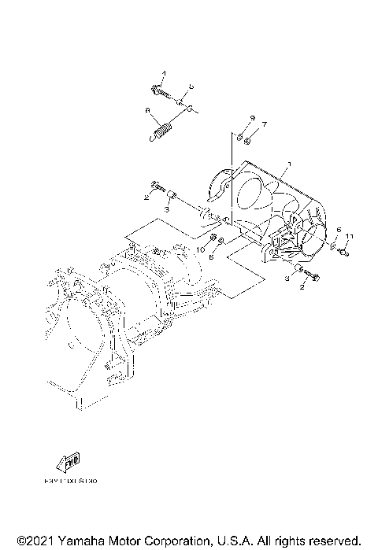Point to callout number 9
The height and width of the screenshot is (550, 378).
click(252, 117)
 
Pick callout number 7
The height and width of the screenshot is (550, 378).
click(265, 124)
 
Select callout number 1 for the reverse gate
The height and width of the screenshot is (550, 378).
click(290, 164)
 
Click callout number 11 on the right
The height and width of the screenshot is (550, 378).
click(350, 236)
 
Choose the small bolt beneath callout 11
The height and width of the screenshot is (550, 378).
click(345, 253)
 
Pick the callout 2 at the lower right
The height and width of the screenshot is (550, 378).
click(301, 288)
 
